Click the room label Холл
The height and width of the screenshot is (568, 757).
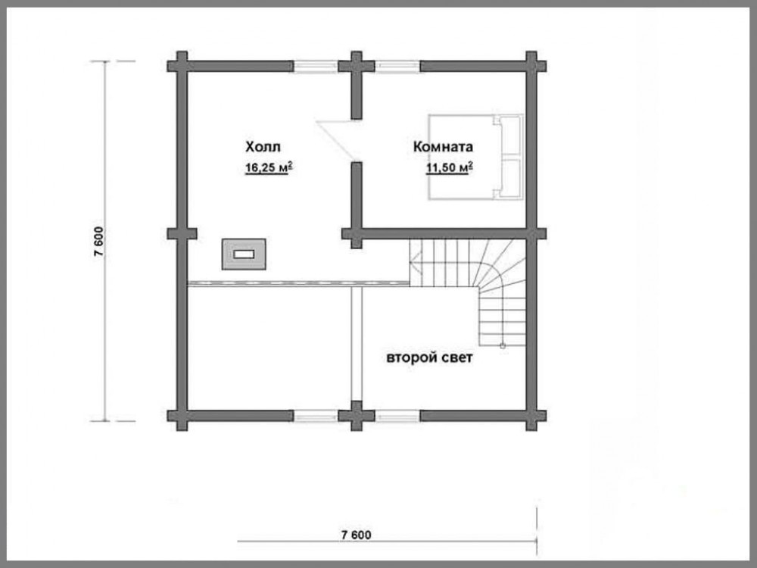tap(263, 146)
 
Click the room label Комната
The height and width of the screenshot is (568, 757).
tap(443, 146)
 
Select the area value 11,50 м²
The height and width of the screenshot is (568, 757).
tap(449, 167)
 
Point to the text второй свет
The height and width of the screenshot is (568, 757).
tap(429, 358)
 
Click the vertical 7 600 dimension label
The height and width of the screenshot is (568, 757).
tap(98, 241)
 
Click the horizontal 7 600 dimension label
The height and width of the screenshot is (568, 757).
tap(357, 535)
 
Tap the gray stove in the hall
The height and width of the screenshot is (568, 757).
tap(244, 254)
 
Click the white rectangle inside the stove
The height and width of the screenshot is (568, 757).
tap(244, 254)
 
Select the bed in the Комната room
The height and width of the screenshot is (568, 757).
tap(476, 157)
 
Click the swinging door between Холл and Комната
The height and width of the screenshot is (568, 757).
tap(338, 140)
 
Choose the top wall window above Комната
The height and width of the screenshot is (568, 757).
tap(397, 67)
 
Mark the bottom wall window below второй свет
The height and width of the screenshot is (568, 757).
tap(397, 416)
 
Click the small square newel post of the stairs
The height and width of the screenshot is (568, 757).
tap(503, 346)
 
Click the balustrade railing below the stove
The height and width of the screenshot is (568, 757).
tap(298, 283)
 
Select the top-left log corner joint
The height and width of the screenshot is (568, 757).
tap(182, 66)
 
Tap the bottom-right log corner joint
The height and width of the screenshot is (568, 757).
tap(531, 416)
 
